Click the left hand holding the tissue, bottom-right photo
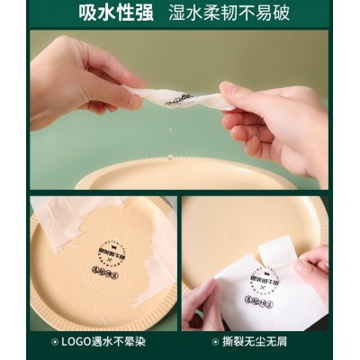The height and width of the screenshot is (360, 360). click(200, 306)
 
